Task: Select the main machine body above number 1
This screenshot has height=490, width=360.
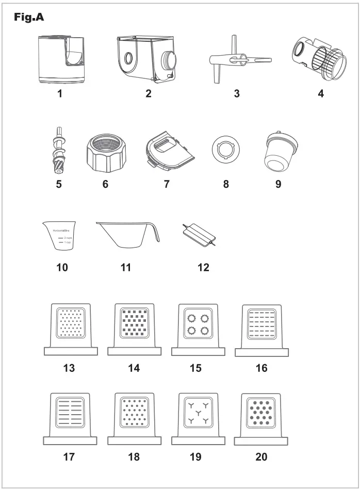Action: pyautogui.click(x=60, y=59)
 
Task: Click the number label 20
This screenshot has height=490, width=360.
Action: pyautogui.click(x=261, y=458)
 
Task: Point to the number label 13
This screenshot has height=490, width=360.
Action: pyautogui.click(x=69, y=368)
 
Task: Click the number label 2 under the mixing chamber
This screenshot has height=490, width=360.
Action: pyautogui.click(x=148, y=93)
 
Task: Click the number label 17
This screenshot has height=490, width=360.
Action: pyautogui.click(x=69, y=458)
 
